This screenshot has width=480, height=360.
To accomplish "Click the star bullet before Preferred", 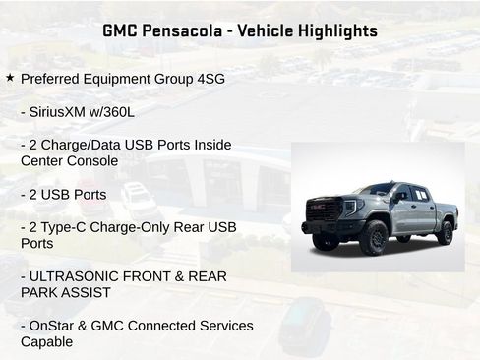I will coord(10,77).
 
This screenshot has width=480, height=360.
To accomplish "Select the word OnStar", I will coord(55,326).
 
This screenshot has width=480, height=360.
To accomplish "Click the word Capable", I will coord(46,341).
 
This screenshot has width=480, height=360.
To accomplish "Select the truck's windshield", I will coord(378,190).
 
